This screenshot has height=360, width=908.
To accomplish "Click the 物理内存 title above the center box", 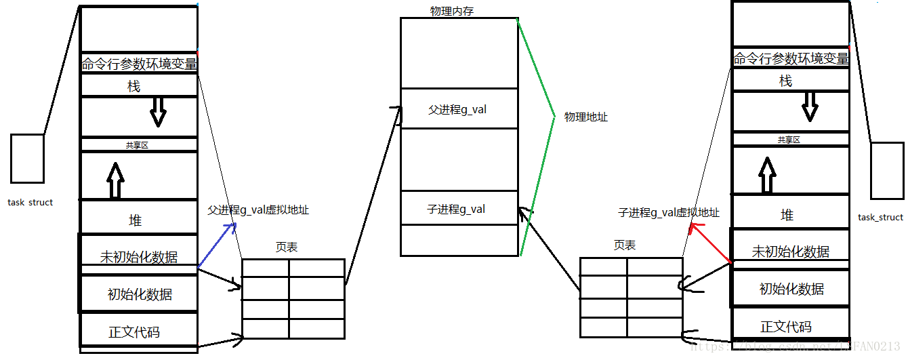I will click(x=451, y=11).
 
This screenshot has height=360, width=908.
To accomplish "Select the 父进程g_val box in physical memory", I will click(x=457, y=108).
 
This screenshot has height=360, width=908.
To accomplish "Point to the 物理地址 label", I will click(x=586, y=117).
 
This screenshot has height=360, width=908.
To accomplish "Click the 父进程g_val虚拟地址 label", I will click(x=258, y=210).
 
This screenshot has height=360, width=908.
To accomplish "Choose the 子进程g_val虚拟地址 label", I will click(x=669, y=213).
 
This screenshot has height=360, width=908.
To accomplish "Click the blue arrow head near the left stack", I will click(x=232, y=226).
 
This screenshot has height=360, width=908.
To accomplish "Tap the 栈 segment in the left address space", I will click(x=133, y=86).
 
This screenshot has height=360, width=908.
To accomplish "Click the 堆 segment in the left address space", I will click(x=136, y=220).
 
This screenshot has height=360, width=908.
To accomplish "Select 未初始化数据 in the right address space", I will click(x=790, y=252).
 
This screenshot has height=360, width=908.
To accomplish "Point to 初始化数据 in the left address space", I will click(x=140, y=294).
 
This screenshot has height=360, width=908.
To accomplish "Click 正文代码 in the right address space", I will click(x=786, y=327).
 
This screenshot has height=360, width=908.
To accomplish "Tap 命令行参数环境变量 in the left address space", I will click(x=139, y=65).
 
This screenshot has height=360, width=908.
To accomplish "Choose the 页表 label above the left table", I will click(x=287, y=247).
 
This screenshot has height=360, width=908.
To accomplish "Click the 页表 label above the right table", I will click(x=625, y=245).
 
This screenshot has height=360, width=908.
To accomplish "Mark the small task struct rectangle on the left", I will click(x=27, y=158).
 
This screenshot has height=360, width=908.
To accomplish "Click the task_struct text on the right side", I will click(x=880, y=217).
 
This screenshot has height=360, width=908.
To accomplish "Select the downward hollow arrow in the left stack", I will click(x=158, y=112).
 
